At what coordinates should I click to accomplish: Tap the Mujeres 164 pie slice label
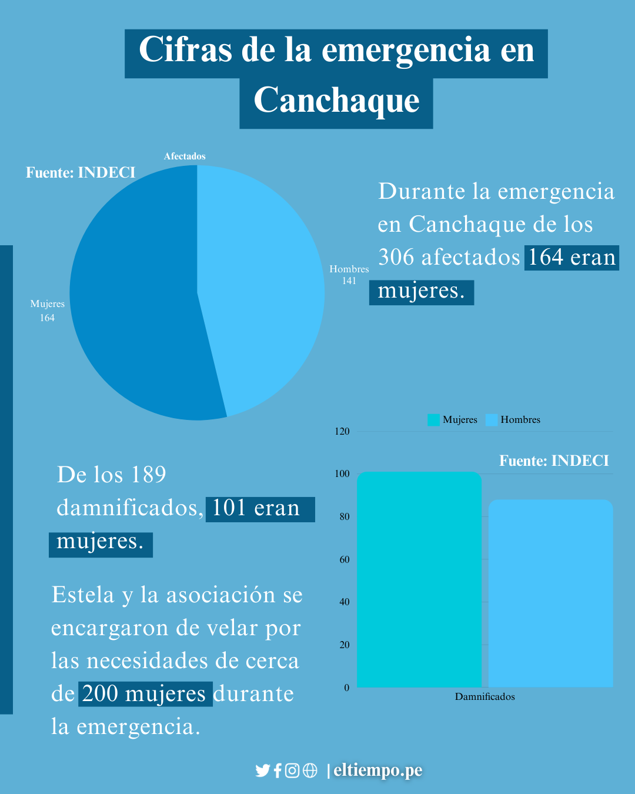48,311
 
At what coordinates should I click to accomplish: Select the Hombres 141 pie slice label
349,275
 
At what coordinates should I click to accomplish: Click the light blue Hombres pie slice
265,282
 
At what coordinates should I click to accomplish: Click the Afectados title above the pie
185,156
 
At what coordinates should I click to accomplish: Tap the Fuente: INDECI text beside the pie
81,172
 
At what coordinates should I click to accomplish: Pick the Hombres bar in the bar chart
551,594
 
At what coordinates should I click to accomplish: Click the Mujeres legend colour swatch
433,420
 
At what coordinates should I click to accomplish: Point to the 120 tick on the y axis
342,431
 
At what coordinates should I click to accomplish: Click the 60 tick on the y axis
345,559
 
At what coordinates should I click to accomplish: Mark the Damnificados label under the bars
484,697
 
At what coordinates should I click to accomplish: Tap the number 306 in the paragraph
396,258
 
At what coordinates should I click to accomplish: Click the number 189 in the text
149,475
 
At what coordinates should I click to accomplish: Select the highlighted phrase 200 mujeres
144,694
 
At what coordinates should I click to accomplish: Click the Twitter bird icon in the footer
262,770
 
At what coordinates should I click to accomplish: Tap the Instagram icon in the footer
292,770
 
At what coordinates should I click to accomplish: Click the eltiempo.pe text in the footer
378,770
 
